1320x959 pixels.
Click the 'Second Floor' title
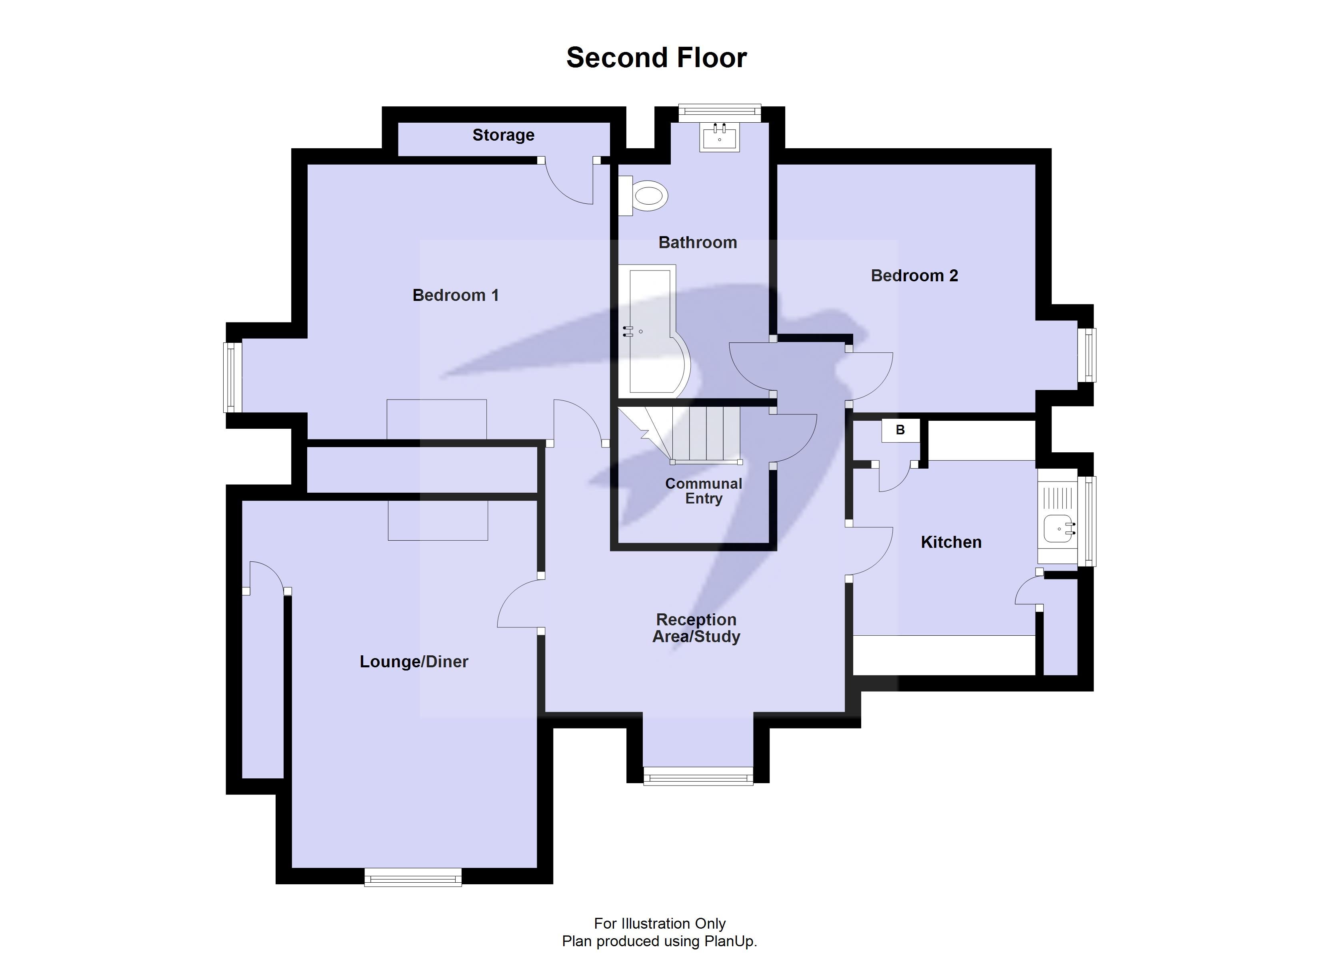tap(656, 58)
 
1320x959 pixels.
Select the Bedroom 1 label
tap(455, 295)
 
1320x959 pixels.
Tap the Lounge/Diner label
tap(414, 661)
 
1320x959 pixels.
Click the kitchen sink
tap(1058, 528)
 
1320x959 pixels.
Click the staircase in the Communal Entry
tap(692, 433)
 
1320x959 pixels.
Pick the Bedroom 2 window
tap(1086, 355)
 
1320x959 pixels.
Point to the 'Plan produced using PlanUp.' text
tap(660, 941)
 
